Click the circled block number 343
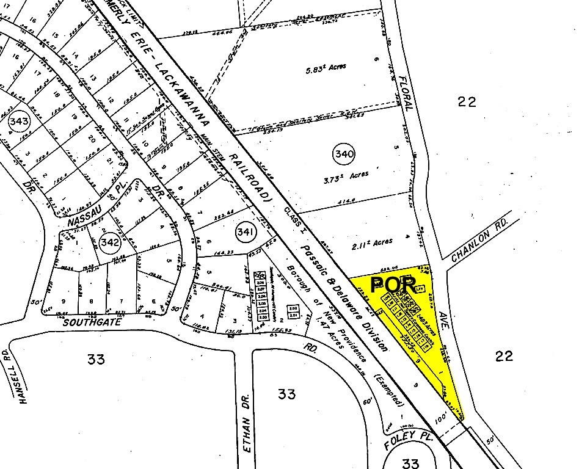click(19, 122)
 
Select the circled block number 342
click(109, 242)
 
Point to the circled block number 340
click(344, 155)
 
